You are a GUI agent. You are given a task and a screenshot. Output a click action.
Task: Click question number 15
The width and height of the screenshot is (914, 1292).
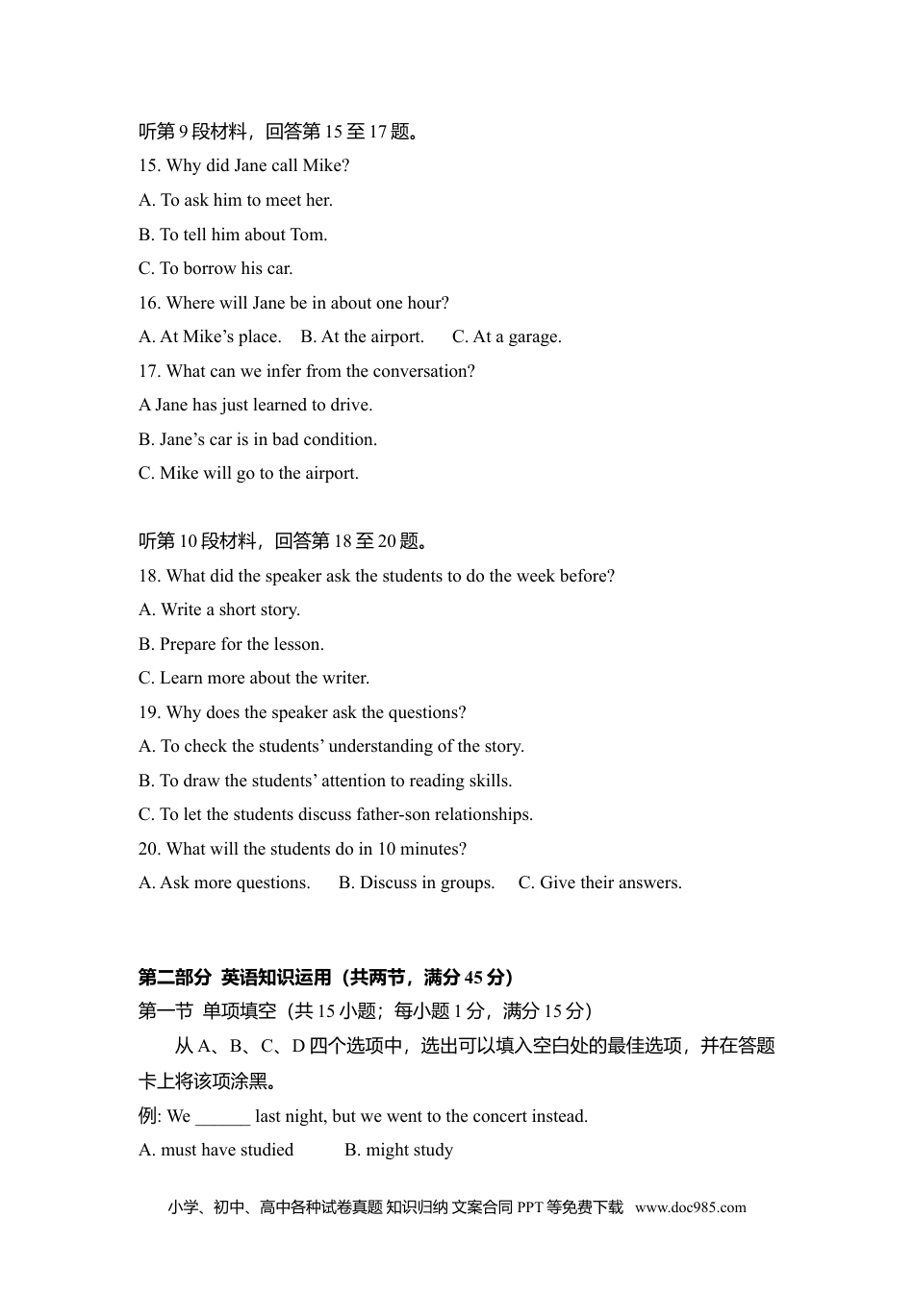click(x=149, y=165)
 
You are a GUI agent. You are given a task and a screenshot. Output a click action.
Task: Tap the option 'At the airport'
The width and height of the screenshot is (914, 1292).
click(x=363, y=336)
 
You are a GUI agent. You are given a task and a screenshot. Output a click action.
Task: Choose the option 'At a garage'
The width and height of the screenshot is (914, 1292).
click(x=507, y=336)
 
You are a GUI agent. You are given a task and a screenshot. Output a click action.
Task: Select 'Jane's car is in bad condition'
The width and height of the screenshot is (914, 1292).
click(x=258, y=439)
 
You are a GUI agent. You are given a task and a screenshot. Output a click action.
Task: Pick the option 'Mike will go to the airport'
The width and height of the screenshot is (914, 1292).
click(x=248, y=473)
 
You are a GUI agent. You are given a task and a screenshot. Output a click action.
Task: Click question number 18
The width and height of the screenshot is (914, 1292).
click(x=149, y=576)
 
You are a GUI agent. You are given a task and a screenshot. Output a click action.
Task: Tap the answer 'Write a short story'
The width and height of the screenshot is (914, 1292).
click(x=219, y=609)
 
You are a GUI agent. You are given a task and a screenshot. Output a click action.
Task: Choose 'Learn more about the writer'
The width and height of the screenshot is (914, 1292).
click(x=254, y=678)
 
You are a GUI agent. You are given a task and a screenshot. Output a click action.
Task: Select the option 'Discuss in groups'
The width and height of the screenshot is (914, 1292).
click(x=417, y=882)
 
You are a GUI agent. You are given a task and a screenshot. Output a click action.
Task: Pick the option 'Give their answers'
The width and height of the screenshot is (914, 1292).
click(x=600, y=882)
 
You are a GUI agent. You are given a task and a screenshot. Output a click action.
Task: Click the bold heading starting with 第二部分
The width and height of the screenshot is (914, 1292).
click(x=325, y=978)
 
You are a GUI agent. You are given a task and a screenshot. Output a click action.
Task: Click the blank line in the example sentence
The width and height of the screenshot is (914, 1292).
click(x=222, y=1117)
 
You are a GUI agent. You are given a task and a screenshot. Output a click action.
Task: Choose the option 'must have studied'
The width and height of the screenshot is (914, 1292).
click(x=216, y=1150)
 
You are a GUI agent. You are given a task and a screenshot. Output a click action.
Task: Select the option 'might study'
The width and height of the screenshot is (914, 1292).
click(x=398, y=1150)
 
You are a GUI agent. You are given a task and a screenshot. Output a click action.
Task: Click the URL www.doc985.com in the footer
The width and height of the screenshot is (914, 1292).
click(x=690, y=1208)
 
